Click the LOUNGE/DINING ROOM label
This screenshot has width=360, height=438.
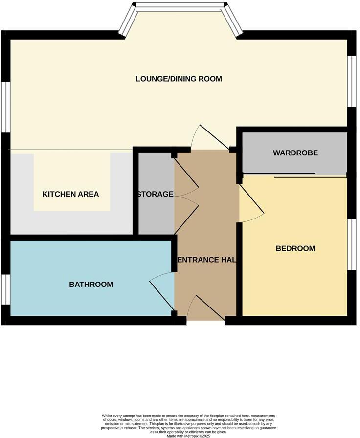point(179,79)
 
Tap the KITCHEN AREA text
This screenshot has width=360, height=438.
point(70,194)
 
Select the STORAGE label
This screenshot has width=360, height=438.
point(156,194)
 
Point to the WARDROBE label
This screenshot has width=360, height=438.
point(295,153)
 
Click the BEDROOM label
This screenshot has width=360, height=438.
point(295,248)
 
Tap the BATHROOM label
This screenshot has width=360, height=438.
point(91,284)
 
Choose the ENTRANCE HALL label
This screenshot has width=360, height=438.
point(205,260)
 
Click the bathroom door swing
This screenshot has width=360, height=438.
point(161,291)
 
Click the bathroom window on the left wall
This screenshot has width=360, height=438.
point(5,289)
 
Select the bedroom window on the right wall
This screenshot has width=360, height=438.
point(351,244)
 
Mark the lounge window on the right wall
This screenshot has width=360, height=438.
point(351,81)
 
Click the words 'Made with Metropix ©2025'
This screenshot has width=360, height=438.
point(188,436)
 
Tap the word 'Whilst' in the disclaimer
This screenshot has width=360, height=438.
point(108,416)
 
